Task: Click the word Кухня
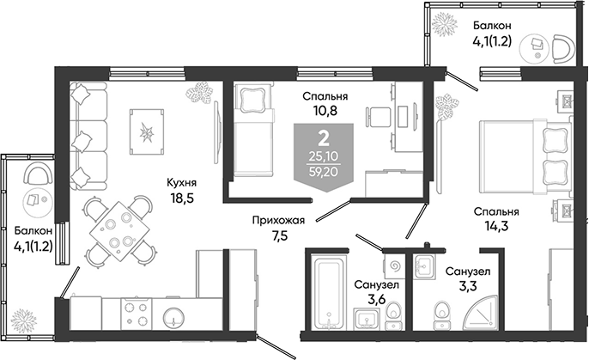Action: pyautogui.click(x=182, y=183)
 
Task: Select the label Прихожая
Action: pyautogui.click(x=278, y=221)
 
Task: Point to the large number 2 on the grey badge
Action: pyautogui.click(x=324, y=139)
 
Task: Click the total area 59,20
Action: pyautogui.click(x=324, y=172)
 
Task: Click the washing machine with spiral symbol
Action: pyautogui.click(x=395, y=267)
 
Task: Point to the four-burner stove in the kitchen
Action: pyautogui.click(x=136, y=314)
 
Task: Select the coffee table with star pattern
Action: pyautogui.click(x=147, y=132)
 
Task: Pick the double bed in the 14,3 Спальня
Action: pyautogui.click(x=525, y=157)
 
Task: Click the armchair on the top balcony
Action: pyautogui.click(x=564, y=49)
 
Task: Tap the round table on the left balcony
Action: pyautogui.click(x=37, y=199)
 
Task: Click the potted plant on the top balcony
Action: pyautogui.click(x=445, y=24)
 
